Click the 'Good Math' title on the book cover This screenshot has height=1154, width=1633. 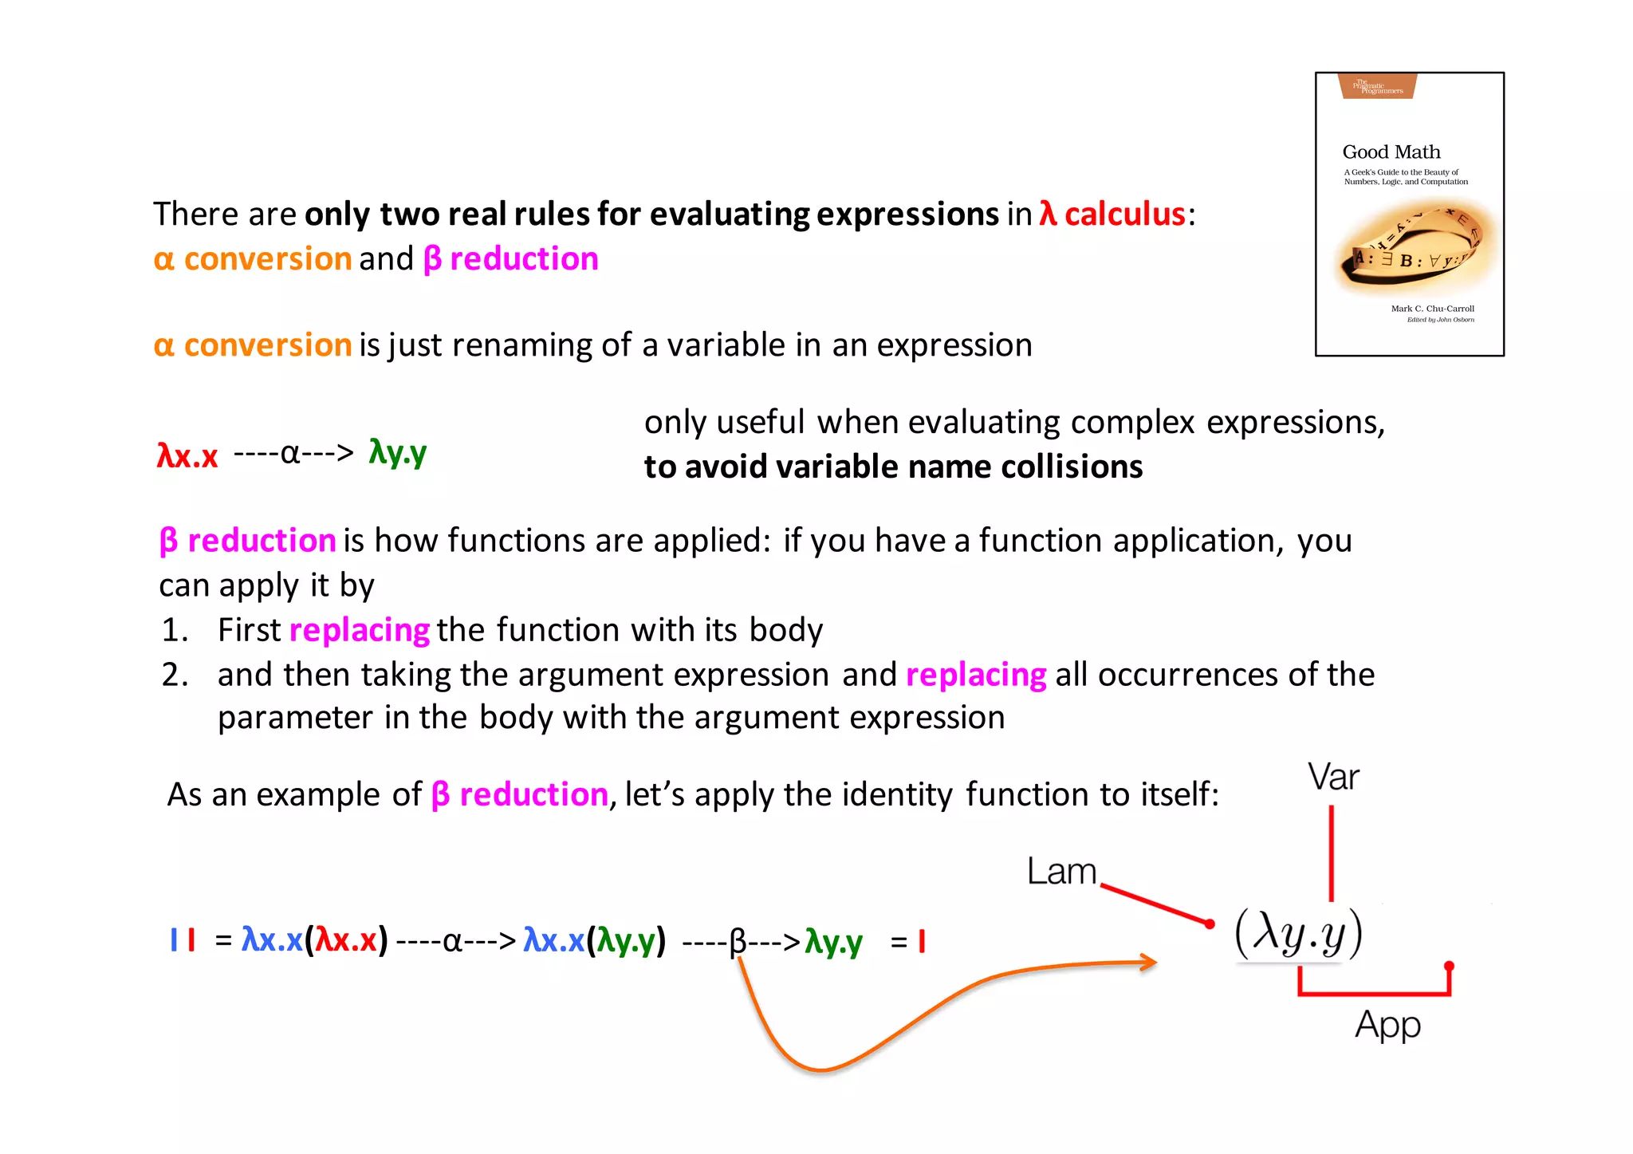tap(1391, 152)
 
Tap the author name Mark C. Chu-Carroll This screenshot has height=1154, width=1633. tap(1432, 309)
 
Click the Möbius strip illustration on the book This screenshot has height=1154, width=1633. tap(1414, 246)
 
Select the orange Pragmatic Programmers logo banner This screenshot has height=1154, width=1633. tap(1377, 86)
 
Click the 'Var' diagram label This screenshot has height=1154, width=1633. tap(1333, 777)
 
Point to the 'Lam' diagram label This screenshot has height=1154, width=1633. tap(1061, 871)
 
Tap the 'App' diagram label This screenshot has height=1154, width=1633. tap(1387, 1025)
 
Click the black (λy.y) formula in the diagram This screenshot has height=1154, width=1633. tap(1298, 933)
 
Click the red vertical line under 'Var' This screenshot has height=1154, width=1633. tap(1331, 853)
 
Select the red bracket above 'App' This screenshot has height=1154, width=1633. tap(1374, 992)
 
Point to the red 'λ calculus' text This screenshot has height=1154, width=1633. tap(1112, 214)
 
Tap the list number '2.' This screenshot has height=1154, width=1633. tap(175, 675)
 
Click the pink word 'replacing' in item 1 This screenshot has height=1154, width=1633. tap(360, 630)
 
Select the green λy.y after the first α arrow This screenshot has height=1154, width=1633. tap(397, 452)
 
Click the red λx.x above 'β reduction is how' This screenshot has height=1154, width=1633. tap(187, 455)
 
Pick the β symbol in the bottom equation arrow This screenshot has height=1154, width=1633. tap(738, 942)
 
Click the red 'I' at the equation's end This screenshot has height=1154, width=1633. tap(922, 942)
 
